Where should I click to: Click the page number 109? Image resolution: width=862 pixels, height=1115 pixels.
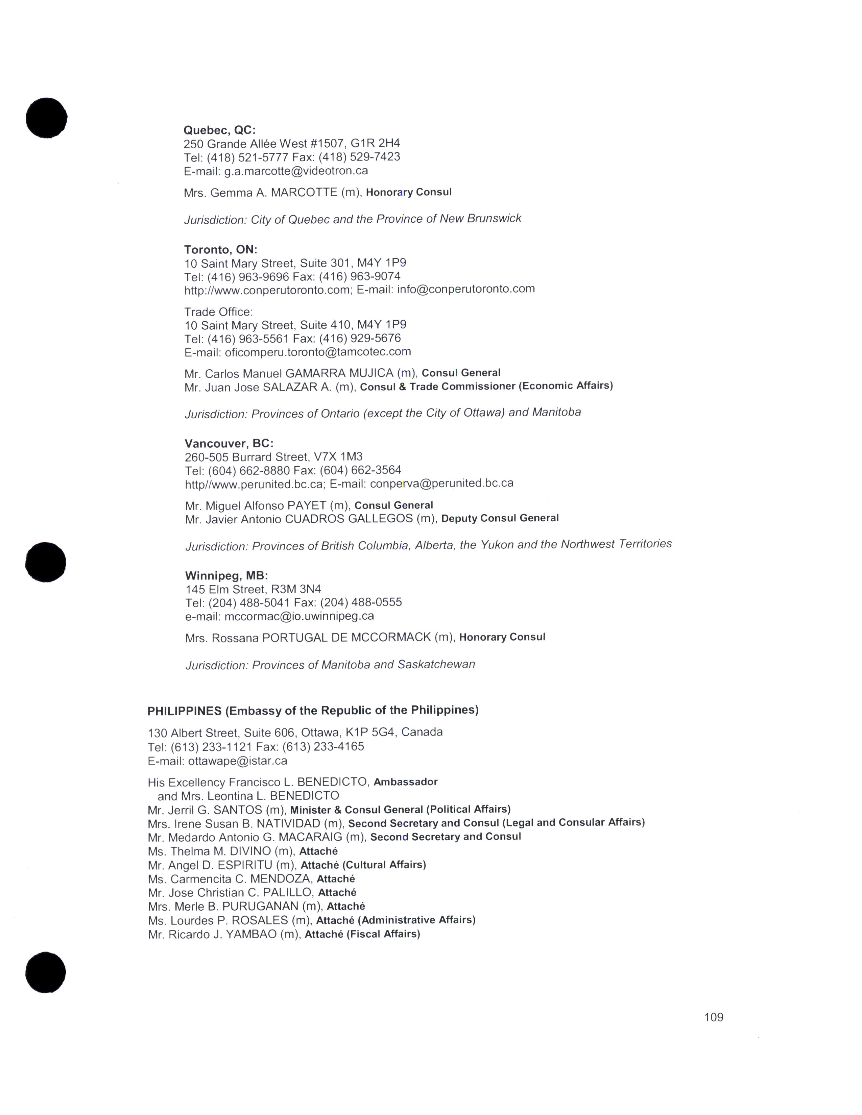pyautogui.click(x=713, y=1017)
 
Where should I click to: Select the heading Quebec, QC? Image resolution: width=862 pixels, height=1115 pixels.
pyautogui.click(x=220, y=130)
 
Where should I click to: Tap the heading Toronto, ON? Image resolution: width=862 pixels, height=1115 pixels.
pyautogui.click(x=221, y=250)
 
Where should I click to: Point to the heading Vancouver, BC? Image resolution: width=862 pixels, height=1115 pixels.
pyautogui.click(x=229, y=443)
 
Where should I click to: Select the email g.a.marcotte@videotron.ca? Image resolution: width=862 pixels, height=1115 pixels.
pyautogui.click(x=296, y=171)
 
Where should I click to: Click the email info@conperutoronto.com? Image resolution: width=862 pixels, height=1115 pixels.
pyautogui.click(x=466, y=289)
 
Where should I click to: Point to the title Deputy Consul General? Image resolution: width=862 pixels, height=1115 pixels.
pyautogui.click(x=500, y=518)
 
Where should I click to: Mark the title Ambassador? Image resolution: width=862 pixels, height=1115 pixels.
pyautogui.click(x=405, y=782)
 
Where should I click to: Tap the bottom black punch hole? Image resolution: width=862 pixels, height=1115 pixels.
pyautogui.click(x=45, y=972)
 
